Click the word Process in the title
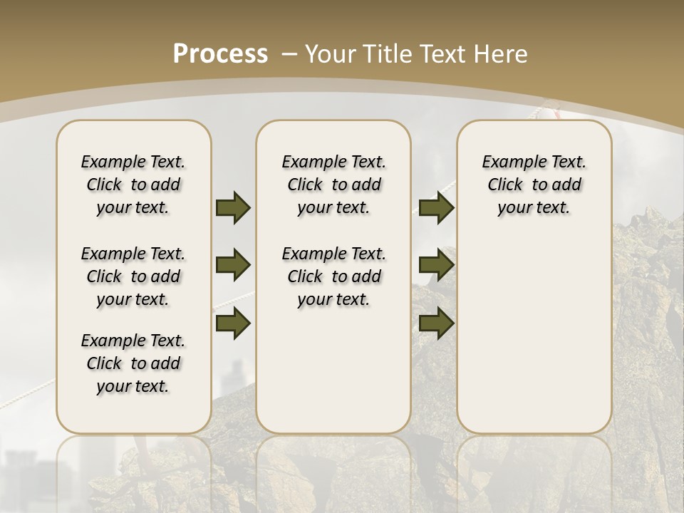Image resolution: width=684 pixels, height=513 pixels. click(220, 54)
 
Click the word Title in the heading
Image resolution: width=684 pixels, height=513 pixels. click(389, 54)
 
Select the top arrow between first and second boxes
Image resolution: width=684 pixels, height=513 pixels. click(233, 207)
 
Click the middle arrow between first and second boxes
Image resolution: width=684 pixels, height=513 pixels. click(233, 265)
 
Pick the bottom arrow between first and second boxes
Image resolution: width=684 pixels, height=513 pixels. click(233, 323)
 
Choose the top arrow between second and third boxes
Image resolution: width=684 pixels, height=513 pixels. click(436, 207)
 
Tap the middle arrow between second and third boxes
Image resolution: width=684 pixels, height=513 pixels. click(436, 265)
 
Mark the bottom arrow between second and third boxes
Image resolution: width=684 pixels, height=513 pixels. click(436, 323)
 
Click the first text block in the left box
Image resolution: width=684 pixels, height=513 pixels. click(133, 185)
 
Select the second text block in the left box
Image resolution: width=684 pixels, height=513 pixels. click(133, 276)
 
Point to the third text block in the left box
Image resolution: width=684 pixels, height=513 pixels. click(133, 363)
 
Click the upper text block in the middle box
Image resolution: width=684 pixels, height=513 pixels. click(334, 185)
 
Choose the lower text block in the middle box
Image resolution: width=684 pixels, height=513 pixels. click(334, 276)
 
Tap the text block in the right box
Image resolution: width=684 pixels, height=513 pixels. click(534, 185)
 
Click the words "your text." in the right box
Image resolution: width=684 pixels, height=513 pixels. click(534, 207)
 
